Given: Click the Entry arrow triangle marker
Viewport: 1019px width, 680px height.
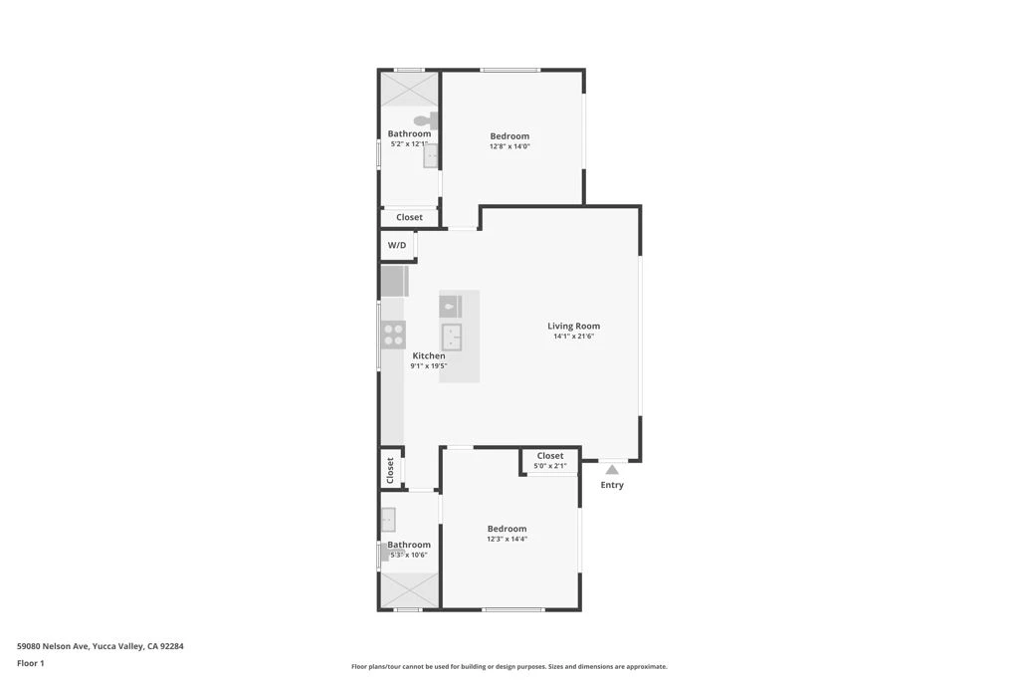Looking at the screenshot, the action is coord(612,469).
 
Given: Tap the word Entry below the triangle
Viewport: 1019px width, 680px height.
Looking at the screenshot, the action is coord(612,485).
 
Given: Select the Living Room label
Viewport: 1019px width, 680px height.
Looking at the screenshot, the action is coord(574,327).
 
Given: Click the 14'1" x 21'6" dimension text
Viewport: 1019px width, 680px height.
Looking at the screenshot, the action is coord(574,337).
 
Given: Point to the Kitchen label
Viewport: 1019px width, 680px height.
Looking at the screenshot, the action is coord(429,356).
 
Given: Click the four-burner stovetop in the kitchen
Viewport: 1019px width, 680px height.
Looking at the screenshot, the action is coord(393,335).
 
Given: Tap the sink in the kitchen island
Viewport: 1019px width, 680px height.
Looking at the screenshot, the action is coord(452,337).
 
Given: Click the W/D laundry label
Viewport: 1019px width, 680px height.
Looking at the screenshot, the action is coord(397,245).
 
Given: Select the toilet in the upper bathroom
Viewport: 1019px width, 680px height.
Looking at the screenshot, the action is coord(426,119).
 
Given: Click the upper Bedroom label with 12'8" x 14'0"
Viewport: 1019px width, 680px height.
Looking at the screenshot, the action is coord(509,136).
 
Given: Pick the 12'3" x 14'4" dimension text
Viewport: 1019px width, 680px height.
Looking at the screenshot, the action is coord(507,539).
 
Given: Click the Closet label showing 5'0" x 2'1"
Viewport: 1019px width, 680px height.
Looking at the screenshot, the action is coord(550,456).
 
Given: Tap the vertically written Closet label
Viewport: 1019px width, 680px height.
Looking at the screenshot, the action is coord(390,471).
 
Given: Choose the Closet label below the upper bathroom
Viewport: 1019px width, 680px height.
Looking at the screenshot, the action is coord(409,217).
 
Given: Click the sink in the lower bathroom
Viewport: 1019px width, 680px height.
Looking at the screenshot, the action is coord(388,520).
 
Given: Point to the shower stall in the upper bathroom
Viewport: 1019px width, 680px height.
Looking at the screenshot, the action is coord(409,89).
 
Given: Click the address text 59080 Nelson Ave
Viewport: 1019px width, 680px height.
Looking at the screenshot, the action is coord(53,646).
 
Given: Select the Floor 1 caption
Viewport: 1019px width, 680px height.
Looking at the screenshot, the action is coord(31,664).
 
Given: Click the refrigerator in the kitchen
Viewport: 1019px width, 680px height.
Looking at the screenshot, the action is coord(394,282).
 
